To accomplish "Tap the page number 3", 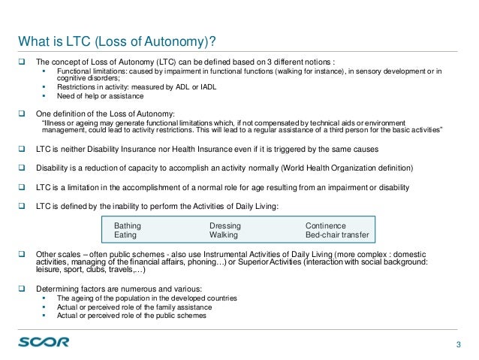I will coord(459,344).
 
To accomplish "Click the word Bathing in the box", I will coord(127,225).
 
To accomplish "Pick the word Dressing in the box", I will coord(225,225).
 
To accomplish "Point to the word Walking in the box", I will coord(224,234).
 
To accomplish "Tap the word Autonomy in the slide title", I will coord(166,40).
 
